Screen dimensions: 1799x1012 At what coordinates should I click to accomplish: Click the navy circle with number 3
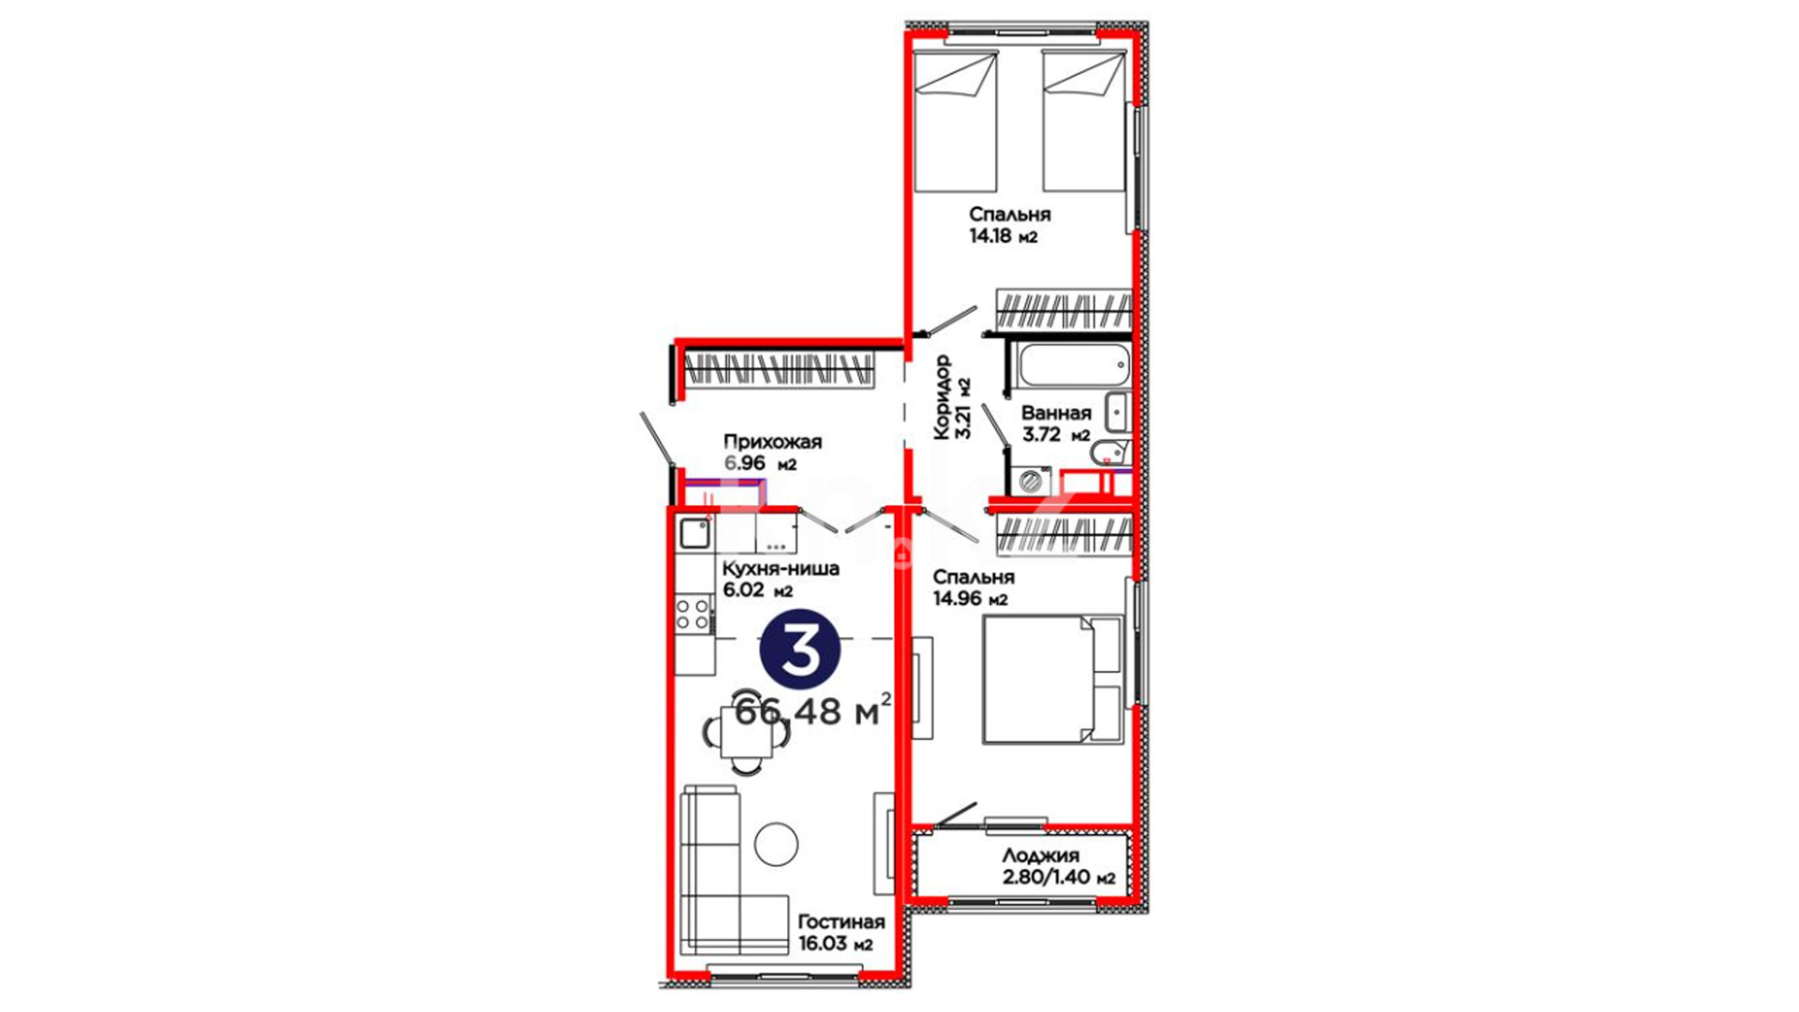point(799,649)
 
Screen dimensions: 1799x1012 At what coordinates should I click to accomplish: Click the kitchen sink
point(694,533)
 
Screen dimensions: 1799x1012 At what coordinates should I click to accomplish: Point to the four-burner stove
point(693,614)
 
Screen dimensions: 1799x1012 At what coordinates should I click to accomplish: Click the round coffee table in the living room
point(776,843)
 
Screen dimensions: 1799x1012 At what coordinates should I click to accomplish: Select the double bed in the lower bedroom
point(1052,679)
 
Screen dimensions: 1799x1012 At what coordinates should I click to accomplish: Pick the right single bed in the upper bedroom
point(1083,123)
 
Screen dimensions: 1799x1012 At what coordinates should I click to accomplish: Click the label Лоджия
point(1040,856)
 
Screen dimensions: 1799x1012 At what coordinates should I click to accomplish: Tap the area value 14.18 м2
point(1004,236)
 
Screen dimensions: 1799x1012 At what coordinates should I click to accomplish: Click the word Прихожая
point(772,441)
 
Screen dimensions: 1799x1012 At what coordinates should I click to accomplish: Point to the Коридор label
point(942,396)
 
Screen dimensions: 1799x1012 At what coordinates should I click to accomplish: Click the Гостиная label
point(840,922)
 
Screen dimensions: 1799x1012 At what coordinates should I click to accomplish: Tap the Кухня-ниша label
point(781,569)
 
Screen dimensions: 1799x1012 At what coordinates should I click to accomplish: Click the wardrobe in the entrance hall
point(780,370)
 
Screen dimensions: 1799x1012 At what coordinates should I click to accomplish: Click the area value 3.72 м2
point(1056,435)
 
